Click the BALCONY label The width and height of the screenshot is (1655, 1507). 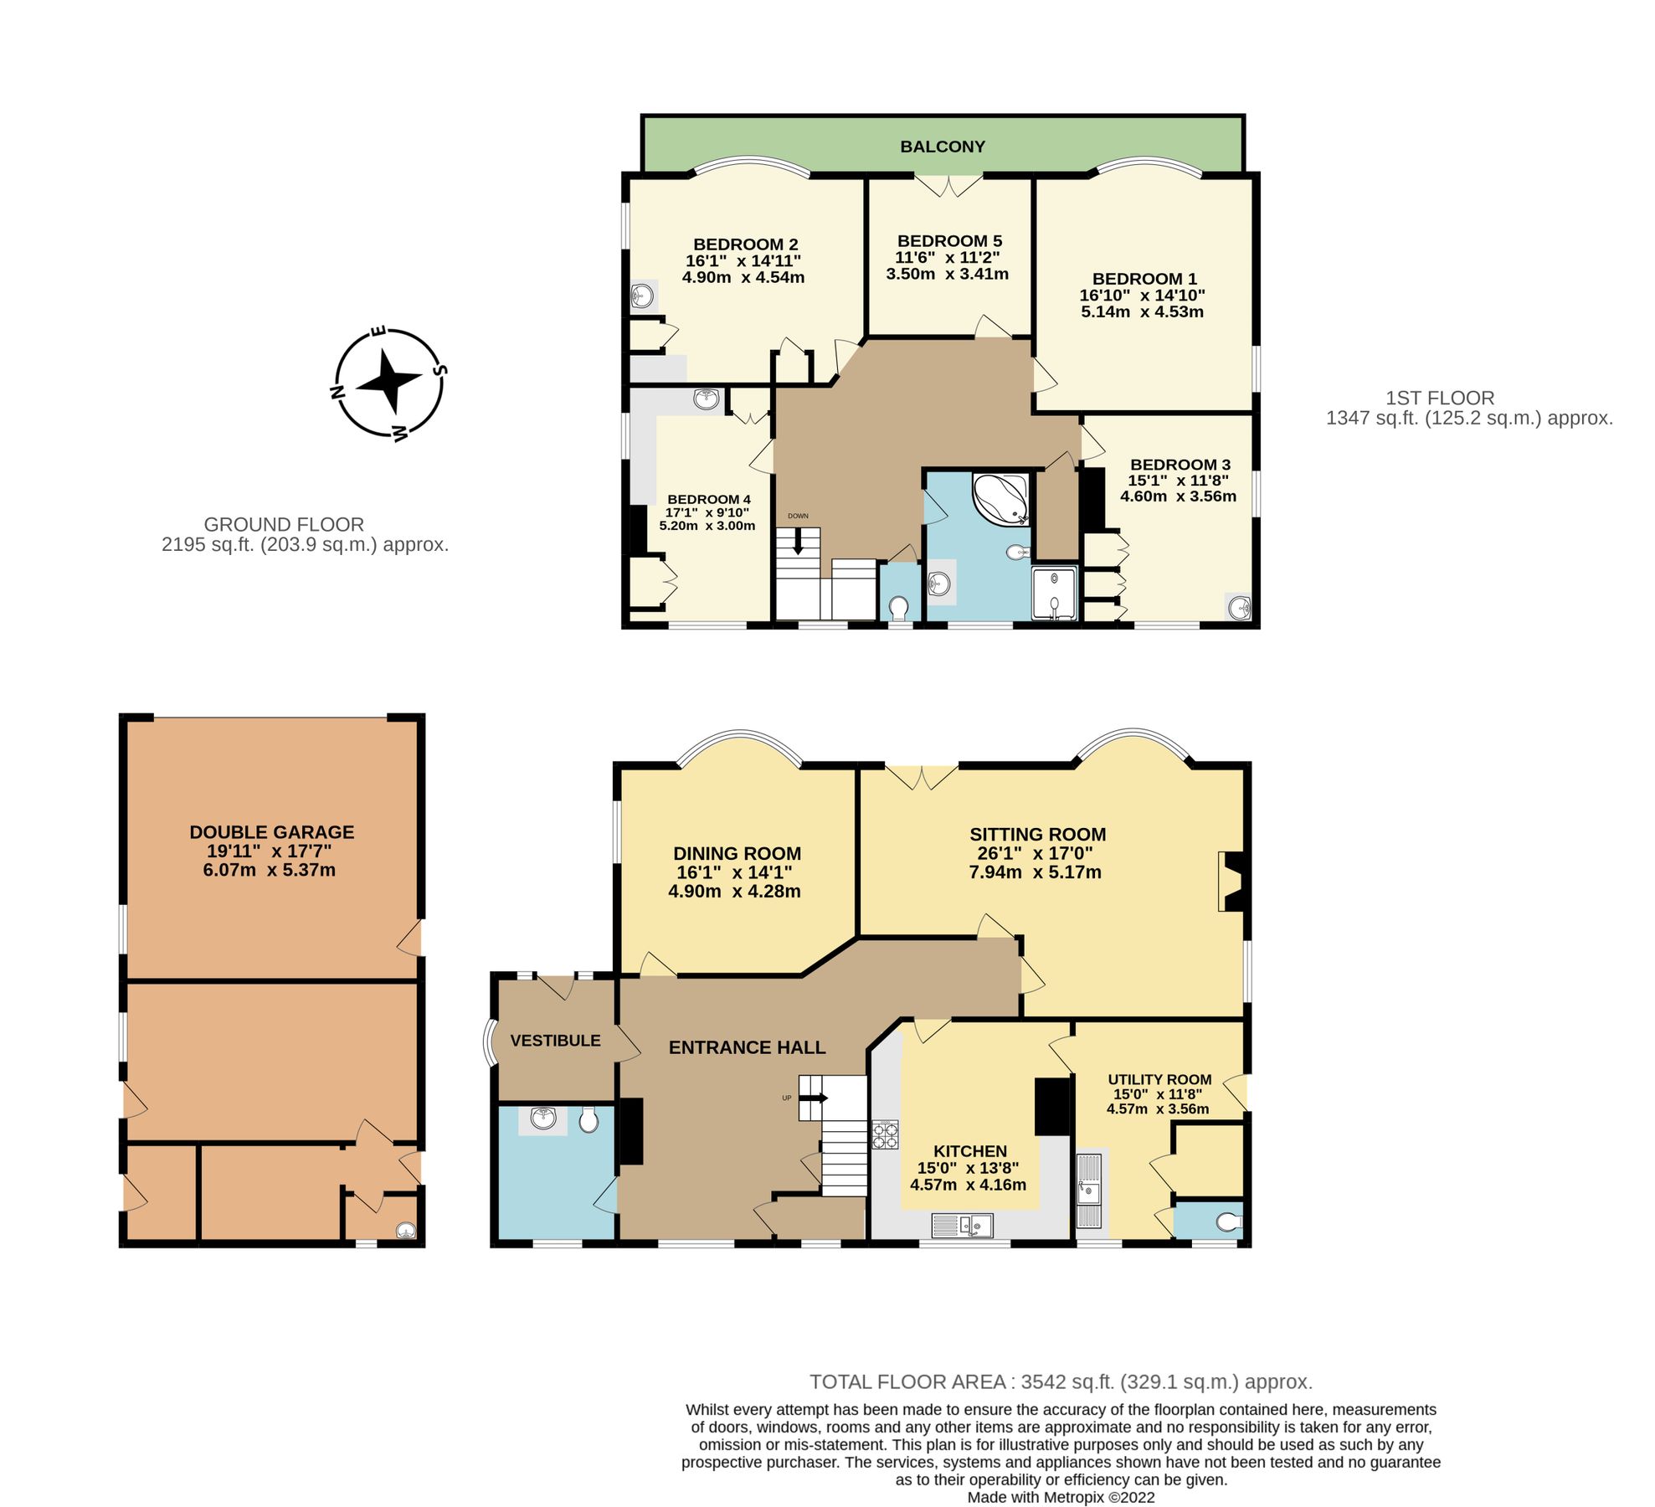pyautogui.click(x=942, y=147)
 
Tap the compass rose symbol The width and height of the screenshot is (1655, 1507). pyautogui.click(x=388, y=383)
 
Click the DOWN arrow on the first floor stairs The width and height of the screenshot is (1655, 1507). pyautogui.click(x=798, y=542)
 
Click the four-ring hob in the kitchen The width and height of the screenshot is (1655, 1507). pyautogui.click(x=885, y=1134)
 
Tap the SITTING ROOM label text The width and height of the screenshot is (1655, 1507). pyautogui.click(x=1037, y=834)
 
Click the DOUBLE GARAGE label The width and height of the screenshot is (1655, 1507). pyautogui.click(x=271, y=832)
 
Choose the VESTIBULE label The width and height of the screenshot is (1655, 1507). pyautogui.click(x=555, y=1041)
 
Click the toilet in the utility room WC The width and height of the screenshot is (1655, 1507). pyautogui.click(x=1228, y=1222)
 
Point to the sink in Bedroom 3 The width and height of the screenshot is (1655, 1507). pyautogui.click(x=1239, y=607)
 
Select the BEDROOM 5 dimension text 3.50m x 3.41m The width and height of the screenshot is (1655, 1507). pyautogui.click(x=947, y=274)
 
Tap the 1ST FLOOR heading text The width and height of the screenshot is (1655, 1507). pyautogui.click(x=1439, y=399)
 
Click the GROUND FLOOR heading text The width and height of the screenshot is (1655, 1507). pyautogui.click(x=284, y=525)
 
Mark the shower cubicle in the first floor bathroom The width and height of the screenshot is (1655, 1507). pyautogui.click(x=1054, y=593)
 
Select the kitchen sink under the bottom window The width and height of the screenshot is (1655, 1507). pyautogui.click(x=962, y=1227)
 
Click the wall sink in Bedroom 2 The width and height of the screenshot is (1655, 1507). pyautogui.click(x=643, y=296)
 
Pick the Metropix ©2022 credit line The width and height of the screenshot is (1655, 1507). pyautogui.click(x=1061, y=1497)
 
